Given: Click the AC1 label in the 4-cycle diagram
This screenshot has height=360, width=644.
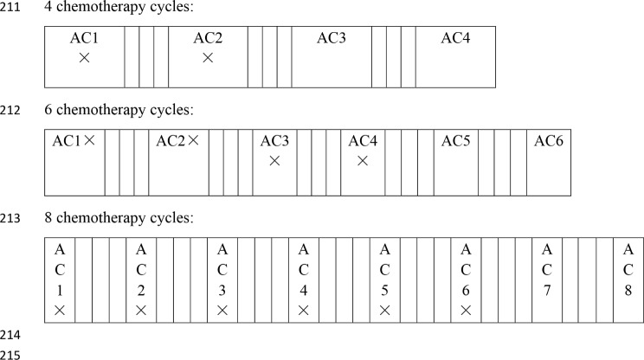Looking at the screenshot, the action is point(84,39).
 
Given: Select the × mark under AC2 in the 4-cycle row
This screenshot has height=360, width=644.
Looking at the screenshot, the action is point(208,58).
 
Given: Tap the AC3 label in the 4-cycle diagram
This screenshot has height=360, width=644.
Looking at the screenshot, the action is point(332,39).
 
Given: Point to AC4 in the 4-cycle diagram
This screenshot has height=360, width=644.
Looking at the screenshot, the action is point(455,39).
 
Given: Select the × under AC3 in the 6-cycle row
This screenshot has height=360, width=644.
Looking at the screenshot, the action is point(274,161).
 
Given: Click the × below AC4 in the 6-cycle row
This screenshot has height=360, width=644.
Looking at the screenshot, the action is point(363,161).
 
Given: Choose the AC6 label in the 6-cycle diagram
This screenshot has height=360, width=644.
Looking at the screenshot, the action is point(549,141).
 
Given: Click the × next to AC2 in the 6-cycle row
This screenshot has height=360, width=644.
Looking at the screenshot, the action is point(193,140).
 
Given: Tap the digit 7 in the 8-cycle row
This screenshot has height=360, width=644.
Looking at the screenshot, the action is point(547,289).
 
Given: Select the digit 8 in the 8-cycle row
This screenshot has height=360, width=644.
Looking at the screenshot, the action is point(628,289).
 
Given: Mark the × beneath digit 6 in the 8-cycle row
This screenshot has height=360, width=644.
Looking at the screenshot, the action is point(466,310).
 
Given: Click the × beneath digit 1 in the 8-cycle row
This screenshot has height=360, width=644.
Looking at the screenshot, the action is point(59,310).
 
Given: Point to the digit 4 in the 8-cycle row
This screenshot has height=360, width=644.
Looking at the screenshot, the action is point(303,289).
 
